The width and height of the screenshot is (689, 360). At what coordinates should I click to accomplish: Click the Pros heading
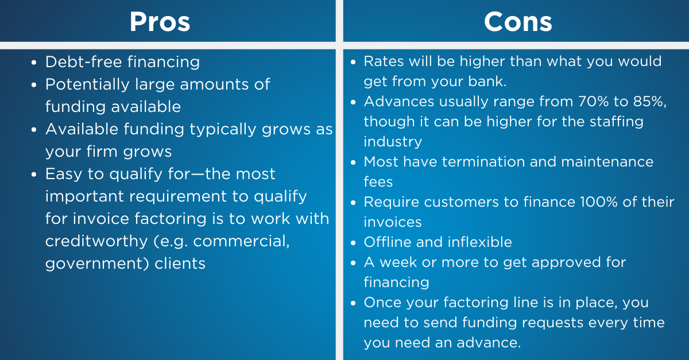click(x=160, y=22)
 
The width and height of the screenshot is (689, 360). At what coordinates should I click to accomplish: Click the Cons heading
click(x=518, y=22)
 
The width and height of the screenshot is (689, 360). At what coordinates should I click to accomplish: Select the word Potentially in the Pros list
click(x=87, y=85)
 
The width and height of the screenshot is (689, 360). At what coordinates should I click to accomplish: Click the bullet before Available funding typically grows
click(x=34, y=130)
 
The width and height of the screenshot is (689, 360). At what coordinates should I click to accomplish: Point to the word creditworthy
click(x=96, y=241)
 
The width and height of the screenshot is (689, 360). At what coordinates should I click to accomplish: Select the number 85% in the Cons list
click(x=648, y=101)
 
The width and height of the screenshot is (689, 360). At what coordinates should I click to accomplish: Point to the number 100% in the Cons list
click(x=598, y=202)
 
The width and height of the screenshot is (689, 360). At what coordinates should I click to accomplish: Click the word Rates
click(x=384, y=61)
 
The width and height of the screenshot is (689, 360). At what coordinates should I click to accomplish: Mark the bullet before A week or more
click(x=353, y=263)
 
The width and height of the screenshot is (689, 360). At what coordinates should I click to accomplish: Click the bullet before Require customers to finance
click(x=353, y=203)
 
